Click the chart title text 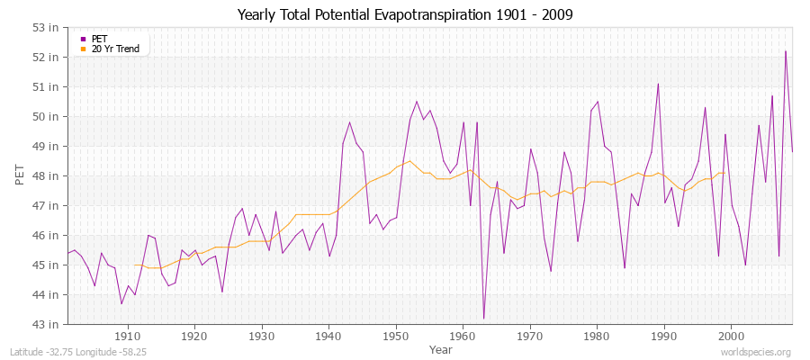405,14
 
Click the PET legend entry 99,39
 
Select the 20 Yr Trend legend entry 115,49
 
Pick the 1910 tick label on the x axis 127,336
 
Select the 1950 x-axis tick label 395,336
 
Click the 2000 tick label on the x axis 731,336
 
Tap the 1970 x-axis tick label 529,336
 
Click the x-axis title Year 441,349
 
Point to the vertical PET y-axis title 21,175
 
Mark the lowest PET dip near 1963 483,319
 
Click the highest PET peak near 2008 786,51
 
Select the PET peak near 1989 658,84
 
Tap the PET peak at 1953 417,102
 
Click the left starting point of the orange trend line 134,265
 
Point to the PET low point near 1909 121,303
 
